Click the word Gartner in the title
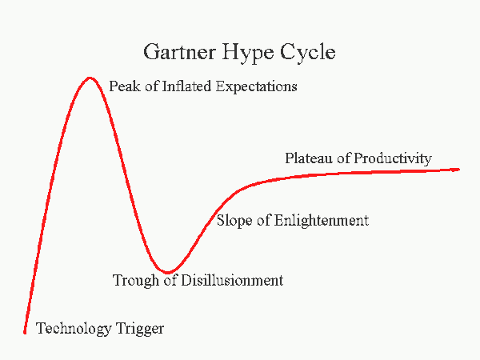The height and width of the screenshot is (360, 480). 180,51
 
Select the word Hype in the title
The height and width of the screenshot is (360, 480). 248,53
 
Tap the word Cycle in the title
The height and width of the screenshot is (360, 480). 308,53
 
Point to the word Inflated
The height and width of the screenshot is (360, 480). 186,86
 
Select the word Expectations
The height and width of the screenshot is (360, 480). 257,87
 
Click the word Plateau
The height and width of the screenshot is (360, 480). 309,158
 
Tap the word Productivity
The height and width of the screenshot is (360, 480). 393,159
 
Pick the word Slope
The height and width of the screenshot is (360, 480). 234,221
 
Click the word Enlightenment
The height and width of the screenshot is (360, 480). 322,221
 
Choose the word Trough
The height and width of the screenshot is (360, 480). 136,281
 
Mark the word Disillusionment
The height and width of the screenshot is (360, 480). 232,280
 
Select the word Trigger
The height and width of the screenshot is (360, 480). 140,329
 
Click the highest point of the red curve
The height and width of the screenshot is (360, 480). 90,78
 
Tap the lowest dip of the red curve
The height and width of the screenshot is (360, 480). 168,272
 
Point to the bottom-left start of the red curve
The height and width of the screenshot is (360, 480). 25,333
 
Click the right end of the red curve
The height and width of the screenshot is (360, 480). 458,169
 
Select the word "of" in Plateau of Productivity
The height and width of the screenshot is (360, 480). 343,158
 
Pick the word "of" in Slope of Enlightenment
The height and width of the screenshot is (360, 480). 263,221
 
